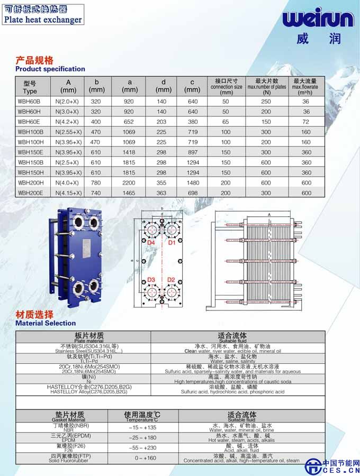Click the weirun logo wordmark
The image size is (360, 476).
(x=317, y=20)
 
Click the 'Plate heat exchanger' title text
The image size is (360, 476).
(x=43, y=20)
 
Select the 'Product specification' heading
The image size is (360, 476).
(x=50, y=69)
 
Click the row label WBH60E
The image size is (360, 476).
(x=29, y=122)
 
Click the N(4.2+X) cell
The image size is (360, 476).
(x=68, y=122)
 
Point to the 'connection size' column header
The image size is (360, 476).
(x=226, y=87)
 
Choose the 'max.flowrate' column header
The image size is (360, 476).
(x=306, y=87)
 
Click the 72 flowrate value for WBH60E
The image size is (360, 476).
(x=306, y=122)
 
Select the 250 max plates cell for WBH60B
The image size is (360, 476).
(x=266, y=101)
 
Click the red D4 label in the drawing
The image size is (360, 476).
(x=151, y=243)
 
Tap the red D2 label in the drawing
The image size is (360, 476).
(x=171, y=280)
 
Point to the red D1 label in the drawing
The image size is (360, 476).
(x=172, y=243)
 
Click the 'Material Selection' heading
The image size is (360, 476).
(x=46, y=323)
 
